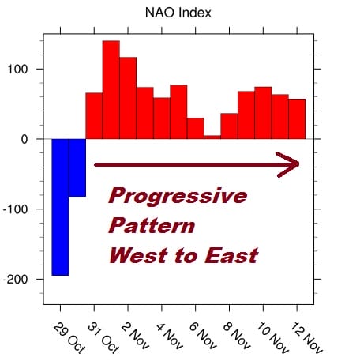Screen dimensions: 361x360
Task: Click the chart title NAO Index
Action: (178, 13)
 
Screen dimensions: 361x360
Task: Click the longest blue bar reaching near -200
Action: (60, 207)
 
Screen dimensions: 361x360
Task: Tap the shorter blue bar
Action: (77, 167)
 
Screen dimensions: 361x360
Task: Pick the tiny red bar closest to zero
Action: (212, 137)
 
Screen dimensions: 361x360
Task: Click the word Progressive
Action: (178, 196)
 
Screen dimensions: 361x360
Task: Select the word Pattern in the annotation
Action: (152, 226)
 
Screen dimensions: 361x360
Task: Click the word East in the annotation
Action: (228, 256)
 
